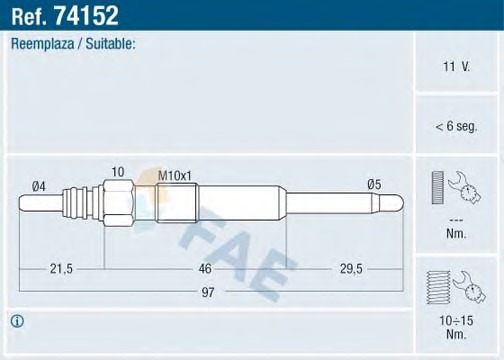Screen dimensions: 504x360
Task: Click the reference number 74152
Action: pyautogui.click(x=86, y=16)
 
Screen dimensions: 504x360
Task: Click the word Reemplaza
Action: pyautogui.click(x=42, y=44)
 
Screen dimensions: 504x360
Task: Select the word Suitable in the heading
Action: pyautogui.click(x=109, y=44)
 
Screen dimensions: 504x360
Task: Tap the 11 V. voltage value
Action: pyautogui.click(x=456, y=66)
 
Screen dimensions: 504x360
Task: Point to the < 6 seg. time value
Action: pyautogui.click(x=456, y=126)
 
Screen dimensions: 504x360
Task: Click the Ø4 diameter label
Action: pyautogui.click(x=39, y=186)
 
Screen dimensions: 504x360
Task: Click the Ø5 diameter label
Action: pyautogui.click(x=374, y=184)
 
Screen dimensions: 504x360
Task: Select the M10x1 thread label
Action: pyautogui.click(x=175, y=176)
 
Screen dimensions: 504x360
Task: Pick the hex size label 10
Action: pyautogui.click(x=118, y=172)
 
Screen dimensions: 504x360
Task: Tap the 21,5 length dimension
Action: pyautogui.click(x=61, y=268)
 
